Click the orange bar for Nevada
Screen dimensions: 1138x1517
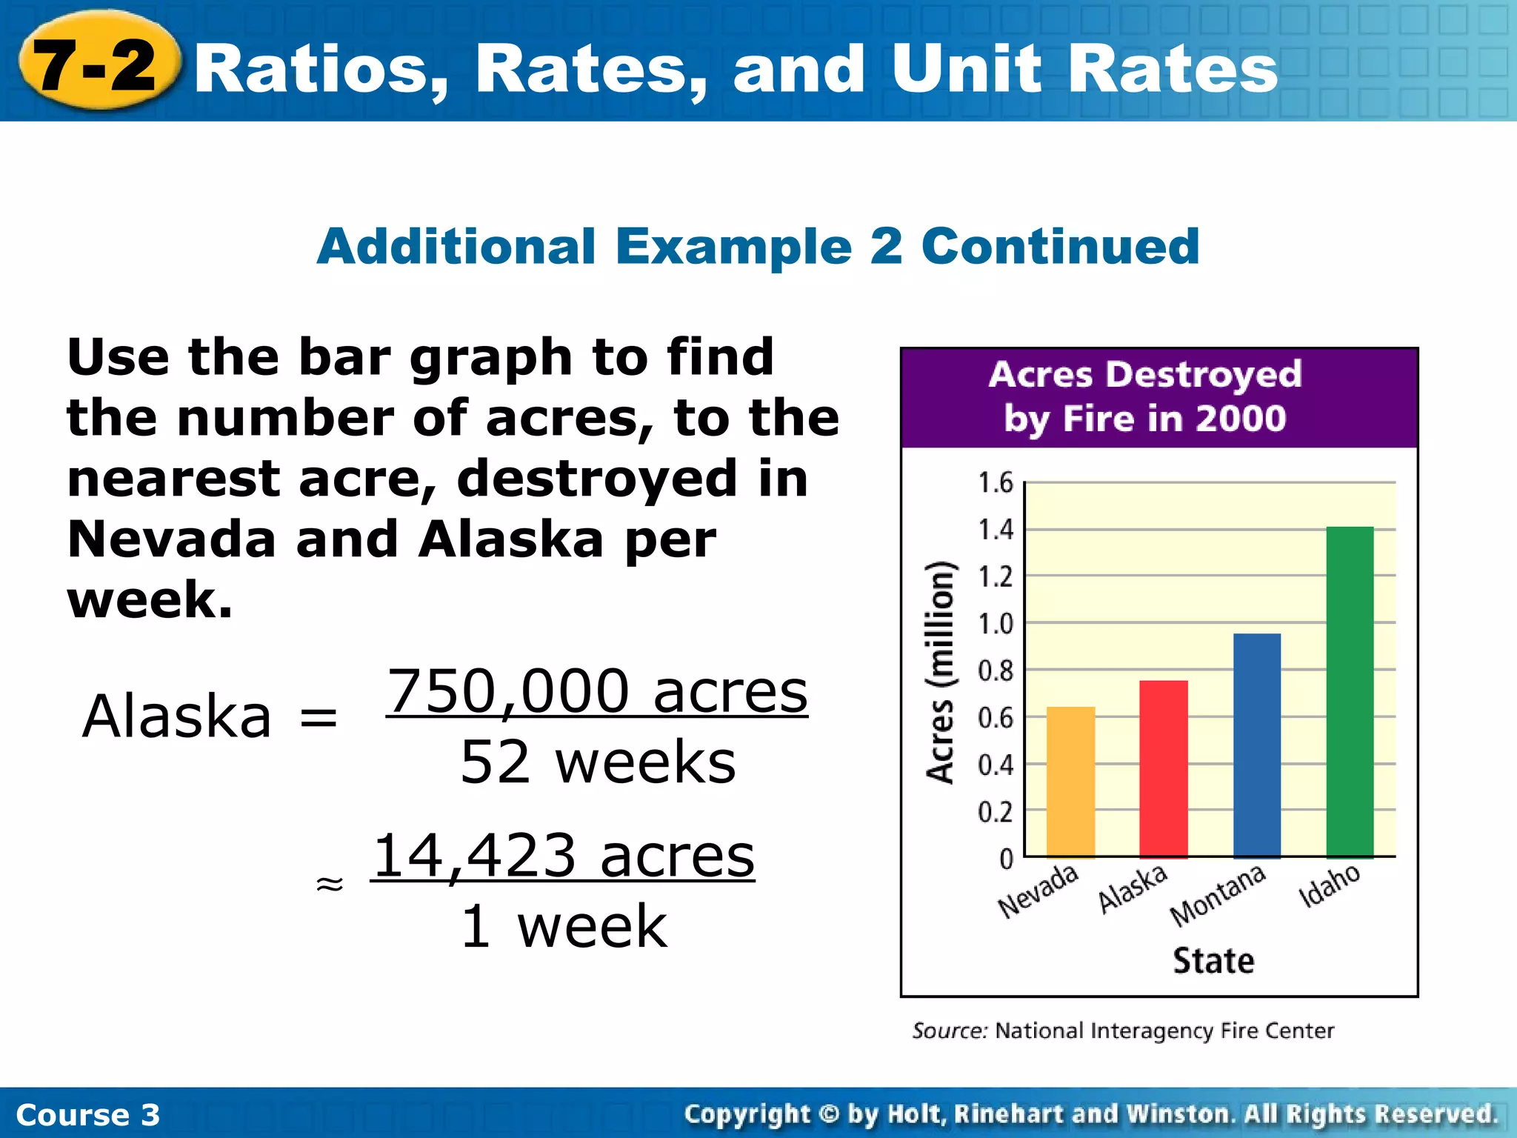pos(1070,782)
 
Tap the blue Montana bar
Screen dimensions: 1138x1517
pos(1257,745)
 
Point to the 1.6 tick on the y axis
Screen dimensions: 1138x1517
pos(996,483)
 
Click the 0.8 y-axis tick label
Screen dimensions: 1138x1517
pos(996,671)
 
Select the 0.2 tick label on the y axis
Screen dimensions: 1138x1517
pos(996,813)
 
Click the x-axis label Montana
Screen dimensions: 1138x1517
pos(1218,896)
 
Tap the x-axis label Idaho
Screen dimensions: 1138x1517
pos(1330,885)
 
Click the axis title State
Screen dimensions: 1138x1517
pos(1213,961)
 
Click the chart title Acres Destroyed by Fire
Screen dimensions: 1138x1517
pos(1145,396)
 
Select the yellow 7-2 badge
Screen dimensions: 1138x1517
pos(96,65)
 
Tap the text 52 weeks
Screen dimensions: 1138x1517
pos(598,762)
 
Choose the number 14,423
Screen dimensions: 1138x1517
pos(474,856)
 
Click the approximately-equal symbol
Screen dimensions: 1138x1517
pos(330,883)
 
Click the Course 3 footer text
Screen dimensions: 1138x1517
pos(87,1115)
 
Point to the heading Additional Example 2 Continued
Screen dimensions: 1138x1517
pos(758,246)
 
